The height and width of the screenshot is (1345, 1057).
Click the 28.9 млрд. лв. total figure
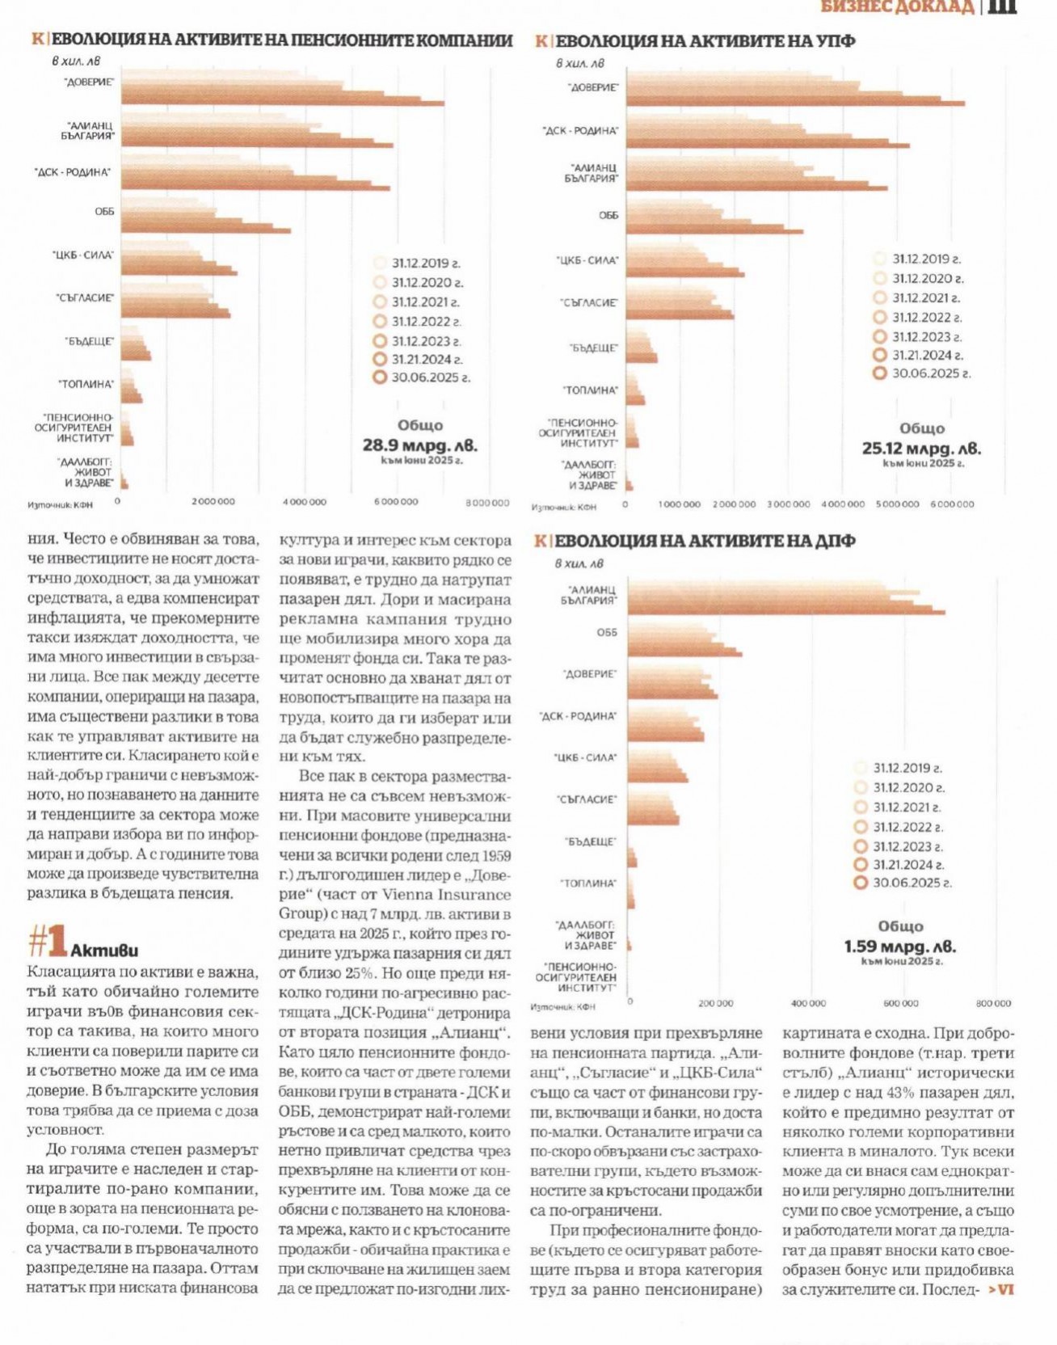(419, 445)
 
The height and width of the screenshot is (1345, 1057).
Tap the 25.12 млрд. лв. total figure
(921, 449)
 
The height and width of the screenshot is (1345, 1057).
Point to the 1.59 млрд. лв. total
(899, 947)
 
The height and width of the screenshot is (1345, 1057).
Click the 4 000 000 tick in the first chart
(304, 502)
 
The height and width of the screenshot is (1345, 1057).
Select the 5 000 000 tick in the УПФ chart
(897, 504)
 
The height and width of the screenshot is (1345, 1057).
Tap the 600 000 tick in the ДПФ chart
(900, 1003)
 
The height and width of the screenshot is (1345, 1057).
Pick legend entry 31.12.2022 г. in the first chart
(426, 322)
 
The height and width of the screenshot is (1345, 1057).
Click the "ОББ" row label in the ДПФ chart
(606, 633)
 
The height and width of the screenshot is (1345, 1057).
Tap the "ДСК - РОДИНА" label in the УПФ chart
(580, 131)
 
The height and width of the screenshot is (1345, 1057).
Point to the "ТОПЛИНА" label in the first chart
(86, 385)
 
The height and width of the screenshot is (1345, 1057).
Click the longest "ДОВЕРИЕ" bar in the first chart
(283, 102)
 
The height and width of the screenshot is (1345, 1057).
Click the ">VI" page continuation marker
(1000, 1290)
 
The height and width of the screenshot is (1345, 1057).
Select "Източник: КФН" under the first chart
(60, 505)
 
